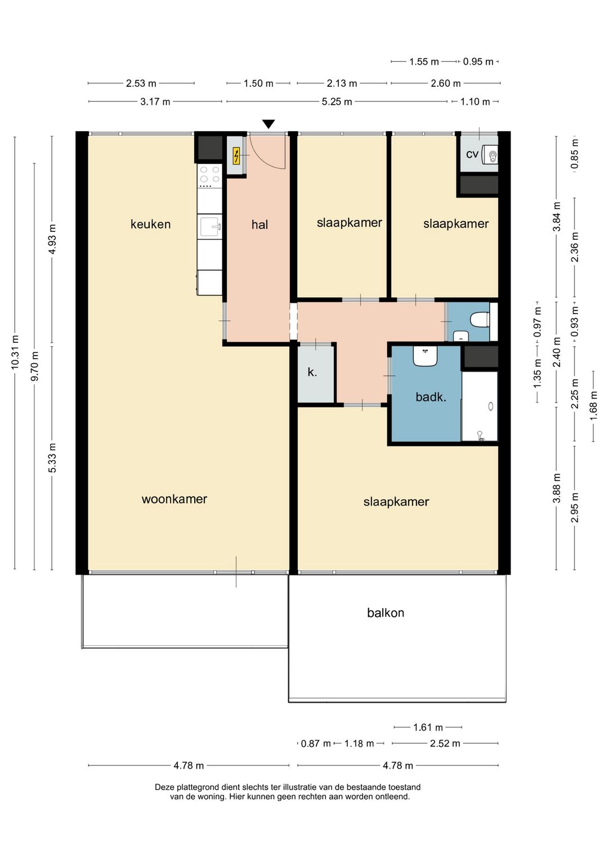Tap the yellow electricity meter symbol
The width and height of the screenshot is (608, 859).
click(x=236, y=156)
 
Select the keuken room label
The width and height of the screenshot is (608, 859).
click(x=150, y=224)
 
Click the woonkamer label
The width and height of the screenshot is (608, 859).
click(x=175, y=499)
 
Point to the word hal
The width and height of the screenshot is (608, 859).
click(x=260, y=225)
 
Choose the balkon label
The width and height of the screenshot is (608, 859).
click(x=386, y=613)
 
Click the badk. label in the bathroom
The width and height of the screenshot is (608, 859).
click(x=431, y=397)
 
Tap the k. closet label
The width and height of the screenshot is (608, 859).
click(x=312, y=372)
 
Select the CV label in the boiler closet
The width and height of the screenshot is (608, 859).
click(x=472, y=154)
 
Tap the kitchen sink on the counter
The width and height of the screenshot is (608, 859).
click(x=210, y=226)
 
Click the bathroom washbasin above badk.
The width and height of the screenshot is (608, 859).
click(x=426, y=356)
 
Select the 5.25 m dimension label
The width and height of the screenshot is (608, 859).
click(x=337, y=102)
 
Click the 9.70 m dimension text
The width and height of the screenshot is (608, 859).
click(x=34, y=366)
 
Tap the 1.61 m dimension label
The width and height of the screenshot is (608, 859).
click(x=428, y=727)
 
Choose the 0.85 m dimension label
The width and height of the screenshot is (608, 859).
click(x=574, y=154)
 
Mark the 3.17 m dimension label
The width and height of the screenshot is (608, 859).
click(x=155, y=102)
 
